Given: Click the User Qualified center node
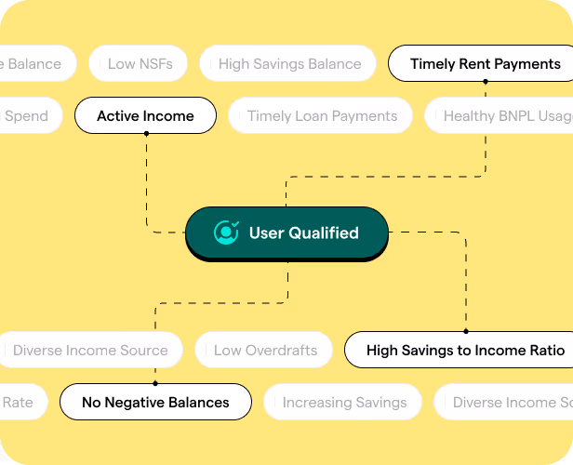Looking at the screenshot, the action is pyautogui.click(x=286, y=233).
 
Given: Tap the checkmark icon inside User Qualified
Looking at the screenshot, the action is pyautogui.click(x=226, y=232).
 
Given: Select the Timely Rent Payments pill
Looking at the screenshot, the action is pyautogui.click(x=485, y=64).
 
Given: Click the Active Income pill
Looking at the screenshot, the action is pyautogui.click(x=145, y=116).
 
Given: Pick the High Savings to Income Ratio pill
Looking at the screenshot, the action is pyautogui.click(x=465, y=351).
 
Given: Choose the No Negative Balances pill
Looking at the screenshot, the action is pyautogui.click(x=155, y=403).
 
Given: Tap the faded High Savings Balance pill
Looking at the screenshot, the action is pyautogui.click(x=289, y=64).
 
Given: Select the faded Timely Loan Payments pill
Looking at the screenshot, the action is pyautogui.click(x=322, y=116).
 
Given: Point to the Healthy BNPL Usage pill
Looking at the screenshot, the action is pyautogui.click(x=502, y=116).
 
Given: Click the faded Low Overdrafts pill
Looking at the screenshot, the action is pyautogui.click(x=265, y=351).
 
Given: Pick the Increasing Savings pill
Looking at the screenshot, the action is pyautogui.click(x=344, y=403).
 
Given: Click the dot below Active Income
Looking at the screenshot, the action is pyautogui.click(x=146, y=134).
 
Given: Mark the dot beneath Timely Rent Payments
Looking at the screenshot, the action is pyautogui.click(x=485, y=82).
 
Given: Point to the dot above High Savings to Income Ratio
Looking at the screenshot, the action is pyautogui.click(x=465, y=332).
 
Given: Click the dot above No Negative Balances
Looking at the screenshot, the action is pyautogui.click(x=155, y=384).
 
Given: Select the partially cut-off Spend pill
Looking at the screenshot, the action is pyautogui.click(x=28, y=116).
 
